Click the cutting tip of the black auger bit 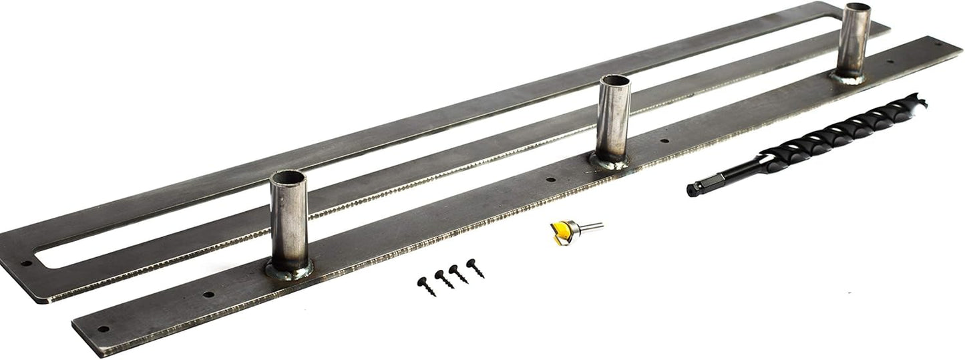pyautogui.click(x=922, y=102)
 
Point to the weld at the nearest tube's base pyautogui.click(x=288, y=271)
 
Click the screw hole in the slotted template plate pyautogui.click(x=27, y=262)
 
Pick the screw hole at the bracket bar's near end pyautogui.click(x=102, y=329)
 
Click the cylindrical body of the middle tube pyautogui.click(x=613, y=120)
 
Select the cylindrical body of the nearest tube pyautogui.click(x=288, y=224)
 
